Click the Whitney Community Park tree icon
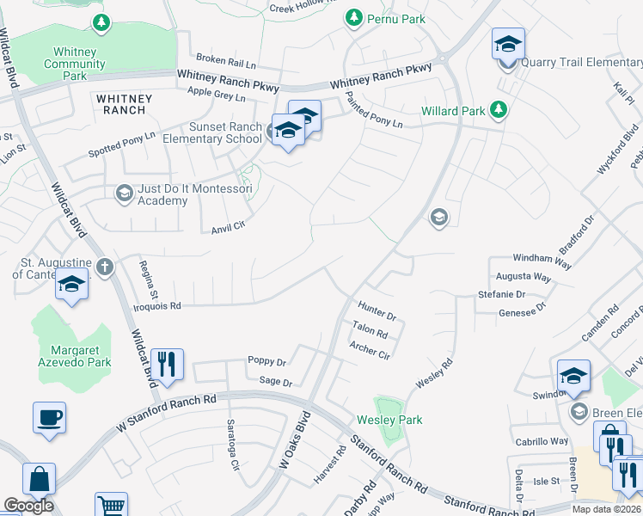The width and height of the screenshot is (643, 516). tap(101, 21)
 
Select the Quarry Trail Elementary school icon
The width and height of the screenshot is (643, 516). tap(508, 43)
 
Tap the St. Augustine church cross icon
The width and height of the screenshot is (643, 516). tap(105, 267)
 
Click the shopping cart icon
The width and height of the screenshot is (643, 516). tap(111, 505)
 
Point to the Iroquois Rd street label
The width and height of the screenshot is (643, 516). tap(157, 306)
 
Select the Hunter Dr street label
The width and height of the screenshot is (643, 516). tap(377, 312)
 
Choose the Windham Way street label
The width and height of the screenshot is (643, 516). tap(542, 261)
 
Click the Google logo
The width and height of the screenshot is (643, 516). tap(28, 506)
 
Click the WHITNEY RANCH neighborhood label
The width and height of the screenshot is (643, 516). tap(125, 104)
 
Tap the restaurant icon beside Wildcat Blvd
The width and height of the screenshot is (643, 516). tap(166, 363)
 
